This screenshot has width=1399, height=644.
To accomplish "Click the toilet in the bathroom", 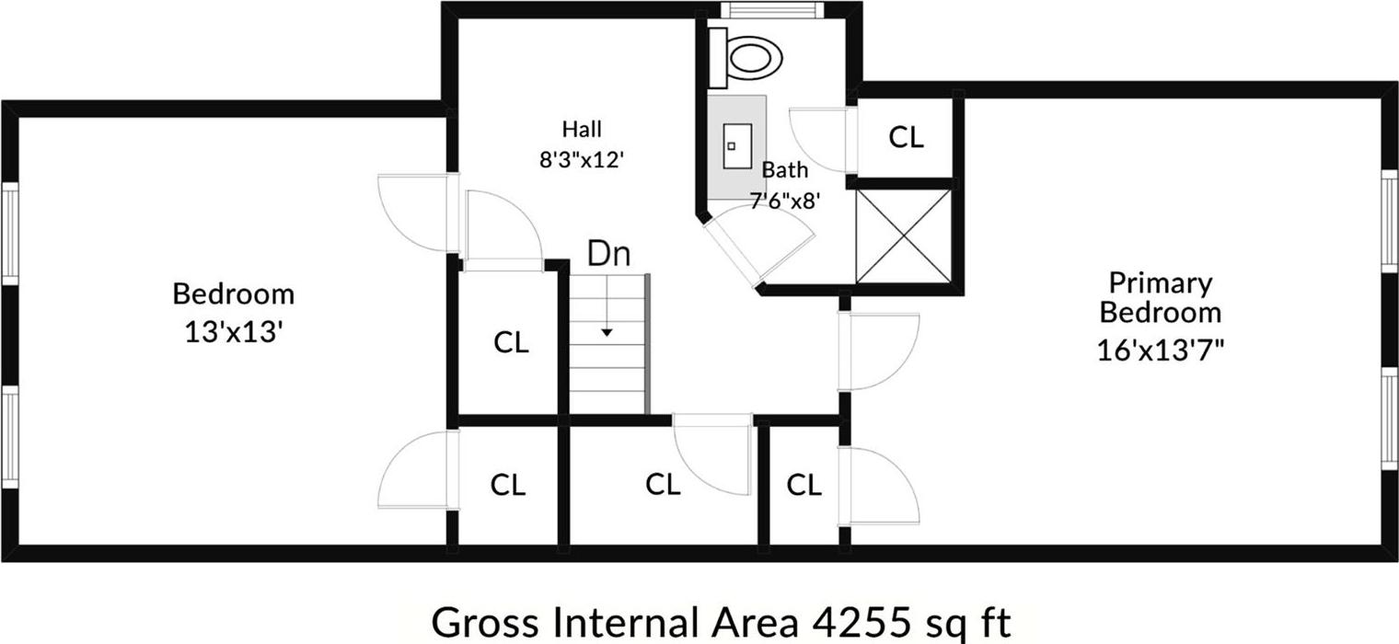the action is (746, 57).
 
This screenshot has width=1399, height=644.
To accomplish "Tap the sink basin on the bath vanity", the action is (737, 146).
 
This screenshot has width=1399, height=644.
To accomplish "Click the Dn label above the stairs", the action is (608, 254).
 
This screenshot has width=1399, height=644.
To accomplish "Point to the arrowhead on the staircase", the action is (607, 333).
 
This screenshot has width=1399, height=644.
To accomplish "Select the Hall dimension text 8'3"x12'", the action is (582, 160).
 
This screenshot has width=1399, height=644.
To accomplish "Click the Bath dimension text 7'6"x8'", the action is (784, 201).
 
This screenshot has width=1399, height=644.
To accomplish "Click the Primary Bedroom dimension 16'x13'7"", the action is (1161, 351).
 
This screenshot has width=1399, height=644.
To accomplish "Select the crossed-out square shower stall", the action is (903, 236).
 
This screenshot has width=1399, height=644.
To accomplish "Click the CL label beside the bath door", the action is (906, 137).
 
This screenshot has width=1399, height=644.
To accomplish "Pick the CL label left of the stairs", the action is (511, 342).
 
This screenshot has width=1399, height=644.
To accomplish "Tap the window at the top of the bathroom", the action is (772, 10).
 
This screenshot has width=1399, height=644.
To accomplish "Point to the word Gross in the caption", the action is (485, 622).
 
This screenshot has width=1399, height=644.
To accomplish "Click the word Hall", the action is (582, 129).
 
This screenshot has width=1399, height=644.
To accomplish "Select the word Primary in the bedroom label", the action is (1161, 284).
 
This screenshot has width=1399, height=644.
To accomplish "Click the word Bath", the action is (784, 169).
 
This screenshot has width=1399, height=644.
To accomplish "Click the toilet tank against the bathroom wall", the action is (718, 57).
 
